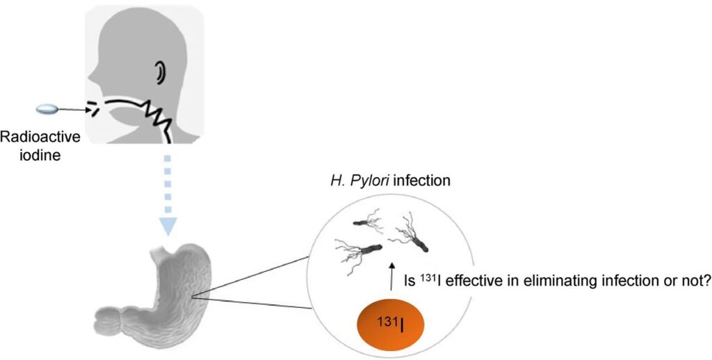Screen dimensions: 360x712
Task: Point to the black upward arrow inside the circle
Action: (392, 275)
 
